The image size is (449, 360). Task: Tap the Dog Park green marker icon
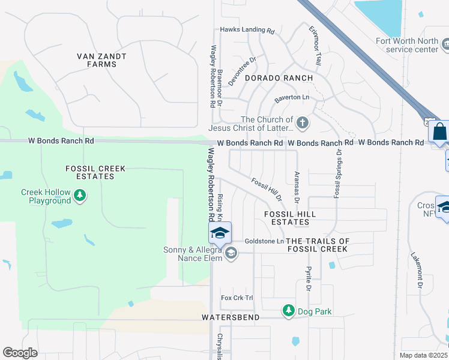(x=289, y=311)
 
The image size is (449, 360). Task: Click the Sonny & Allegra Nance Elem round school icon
(x=231, y=254)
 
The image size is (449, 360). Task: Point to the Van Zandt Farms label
(x=101, y=60)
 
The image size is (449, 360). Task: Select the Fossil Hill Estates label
(x=291, y=218)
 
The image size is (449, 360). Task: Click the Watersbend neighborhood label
(x=231, y=317)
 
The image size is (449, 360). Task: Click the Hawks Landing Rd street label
(x=247, y=29)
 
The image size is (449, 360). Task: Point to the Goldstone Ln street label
(x=264, y=241)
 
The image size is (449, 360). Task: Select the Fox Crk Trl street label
(x=238, y=298)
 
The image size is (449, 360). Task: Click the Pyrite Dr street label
(x=309, y=278)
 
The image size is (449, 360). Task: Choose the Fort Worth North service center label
(x=407, y=46)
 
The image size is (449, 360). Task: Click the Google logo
(x=20, y=353)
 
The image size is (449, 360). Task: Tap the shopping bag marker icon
(x=439, y=131)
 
